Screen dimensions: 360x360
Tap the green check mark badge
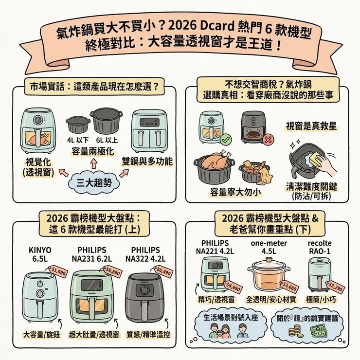[x=225, y=140]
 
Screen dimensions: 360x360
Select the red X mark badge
[x=266, y=140]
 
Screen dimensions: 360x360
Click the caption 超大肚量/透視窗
[x=94, y=335]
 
